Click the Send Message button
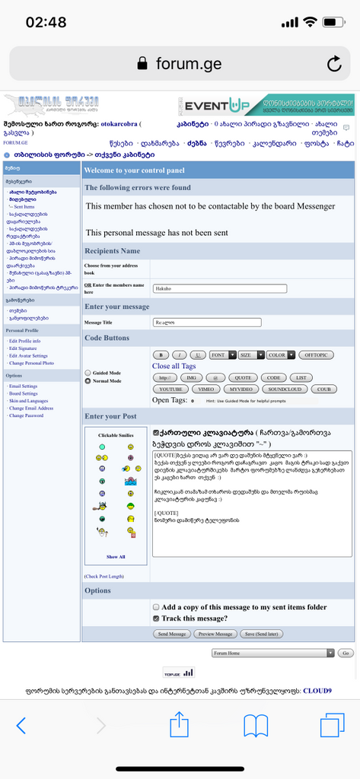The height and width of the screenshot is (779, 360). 171,633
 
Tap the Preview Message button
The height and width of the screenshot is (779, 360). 215,633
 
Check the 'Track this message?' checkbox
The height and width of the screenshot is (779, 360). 156,618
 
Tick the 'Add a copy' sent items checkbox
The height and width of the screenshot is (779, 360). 156,607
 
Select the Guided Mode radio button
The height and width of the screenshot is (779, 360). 88,373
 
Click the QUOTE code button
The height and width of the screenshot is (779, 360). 243,377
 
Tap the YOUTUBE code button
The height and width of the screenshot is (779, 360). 170,389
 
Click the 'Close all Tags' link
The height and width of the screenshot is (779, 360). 174,366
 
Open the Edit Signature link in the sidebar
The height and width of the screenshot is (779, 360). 24,348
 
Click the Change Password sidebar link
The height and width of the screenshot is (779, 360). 26,415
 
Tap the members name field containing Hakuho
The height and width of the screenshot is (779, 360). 219,288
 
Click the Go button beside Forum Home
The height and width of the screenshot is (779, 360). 345,653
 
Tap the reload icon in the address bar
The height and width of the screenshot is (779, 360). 334,63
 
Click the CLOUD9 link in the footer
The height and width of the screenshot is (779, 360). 317,691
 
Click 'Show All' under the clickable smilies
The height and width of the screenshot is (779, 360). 116,556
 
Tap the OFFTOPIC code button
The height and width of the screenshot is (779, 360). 315,355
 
